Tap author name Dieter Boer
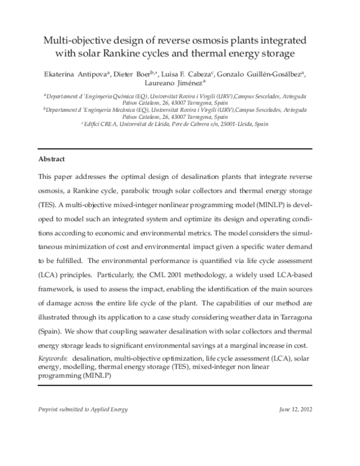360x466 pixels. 125,74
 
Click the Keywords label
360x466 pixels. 52,357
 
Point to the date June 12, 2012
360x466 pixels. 296,410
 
